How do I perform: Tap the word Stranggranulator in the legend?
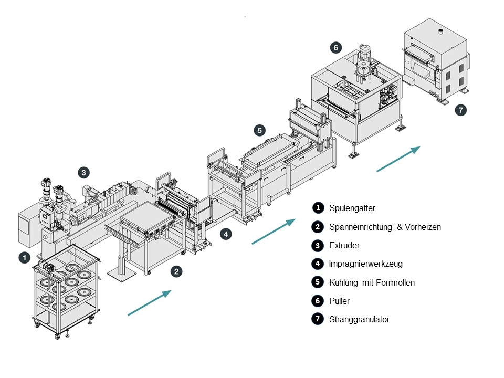click(x=359, y=319)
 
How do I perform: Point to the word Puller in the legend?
click(x=339, y=301)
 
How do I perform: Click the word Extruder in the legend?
click(x=344, y=245)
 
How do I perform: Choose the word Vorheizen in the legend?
click(x=422, y=227)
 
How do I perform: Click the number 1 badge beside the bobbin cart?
click(x=24, y=258)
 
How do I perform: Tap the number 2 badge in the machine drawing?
click(x=176, y=271)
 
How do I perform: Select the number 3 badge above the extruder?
click(x=83, y=172)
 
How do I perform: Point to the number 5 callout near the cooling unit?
click(x=259, y=129)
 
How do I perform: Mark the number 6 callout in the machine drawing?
click(x=335, y=48)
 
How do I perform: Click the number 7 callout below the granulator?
click(x=460, y=110)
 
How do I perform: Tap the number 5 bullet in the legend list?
click(x=318, y=282)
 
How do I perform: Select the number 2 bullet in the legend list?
click(x=318, y=227)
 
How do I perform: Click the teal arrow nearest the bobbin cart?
click(x=150, y=302)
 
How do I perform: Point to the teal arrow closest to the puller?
click(x=398, y=159)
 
